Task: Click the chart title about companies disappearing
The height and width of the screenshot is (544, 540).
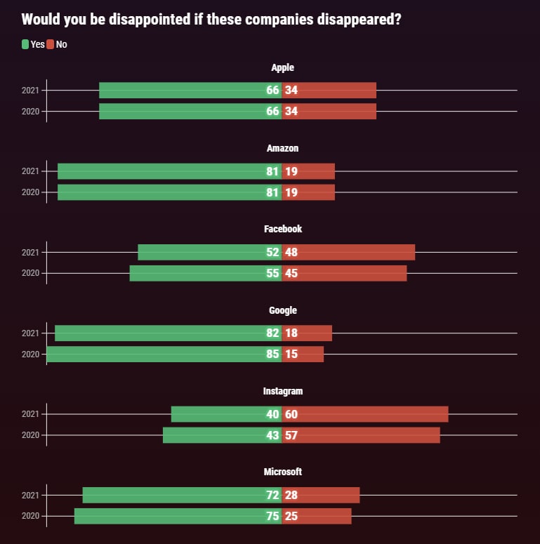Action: pyautogui.click(x=211, y=19)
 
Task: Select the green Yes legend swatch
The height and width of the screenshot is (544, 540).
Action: pyautogui.click(x=25, y=44)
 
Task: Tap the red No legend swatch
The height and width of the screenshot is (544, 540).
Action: pyautogui.click(x=51, y=44)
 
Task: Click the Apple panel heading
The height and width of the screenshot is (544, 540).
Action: pyautogui.click(x=282, y=68)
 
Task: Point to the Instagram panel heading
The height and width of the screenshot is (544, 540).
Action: pyautogui.click(x=282, y=391)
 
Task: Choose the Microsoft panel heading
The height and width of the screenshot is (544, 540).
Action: pyautogui.click(x=282, y=472)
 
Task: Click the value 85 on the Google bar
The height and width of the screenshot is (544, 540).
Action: pyautogui.click(x=272, y=354)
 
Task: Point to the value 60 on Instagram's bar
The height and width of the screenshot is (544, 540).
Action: pyautogui.click(x=291, y=414)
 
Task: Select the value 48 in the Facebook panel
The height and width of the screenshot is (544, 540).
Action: pyautogui.click(x=291, y=252)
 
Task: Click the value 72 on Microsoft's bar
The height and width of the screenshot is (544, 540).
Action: pyautogui.click(x=272, y=495)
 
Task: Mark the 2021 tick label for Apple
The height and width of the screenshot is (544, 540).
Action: pyautogui.click(x=30, y=91)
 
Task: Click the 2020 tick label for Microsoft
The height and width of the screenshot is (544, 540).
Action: pyautogui.click(x=30, y=517)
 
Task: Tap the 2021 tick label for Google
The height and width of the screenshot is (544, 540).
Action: pyautogui.click(x=30, y=333)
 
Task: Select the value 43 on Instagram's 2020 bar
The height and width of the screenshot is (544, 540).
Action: pyautogui.click(x=272, y=435)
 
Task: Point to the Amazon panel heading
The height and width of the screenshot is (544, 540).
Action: pyautogui.click(x=282, y=149)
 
